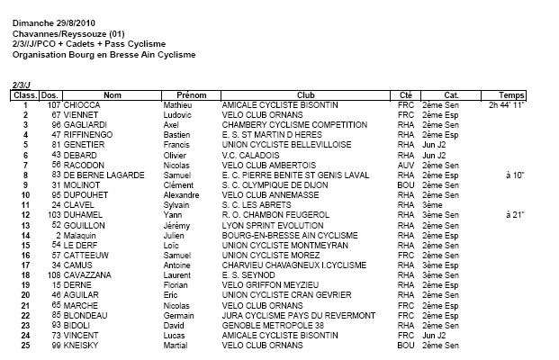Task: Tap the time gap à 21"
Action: (515, 216)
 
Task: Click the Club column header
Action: (305, 94)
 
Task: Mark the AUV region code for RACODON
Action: (404, 166)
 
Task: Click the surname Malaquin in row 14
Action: (83, 236)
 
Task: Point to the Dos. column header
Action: (50, 94)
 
